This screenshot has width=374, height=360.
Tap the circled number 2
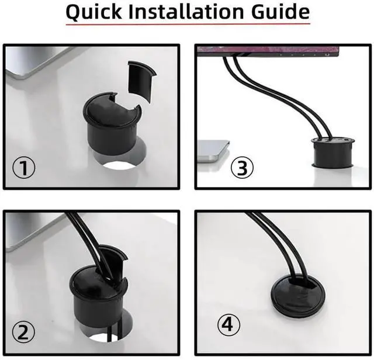[x=24, y=332]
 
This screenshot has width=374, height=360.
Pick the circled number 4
[x=230, y=323]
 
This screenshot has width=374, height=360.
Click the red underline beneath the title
[x=187, y=24]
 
